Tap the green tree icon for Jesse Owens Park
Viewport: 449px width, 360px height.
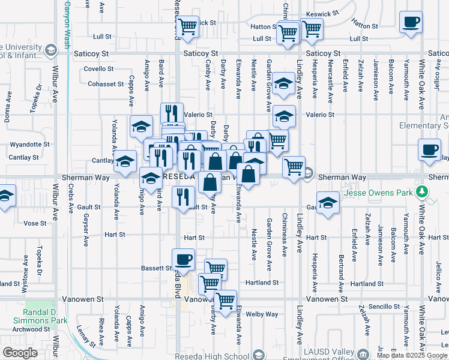pos(423,192)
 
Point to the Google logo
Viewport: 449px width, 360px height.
pos(20,353)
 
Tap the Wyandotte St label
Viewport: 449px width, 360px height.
pos(29,145)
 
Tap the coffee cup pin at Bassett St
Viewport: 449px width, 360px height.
pos(183,259)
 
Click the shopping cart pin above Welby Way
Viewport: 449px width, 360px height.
pos(225,300)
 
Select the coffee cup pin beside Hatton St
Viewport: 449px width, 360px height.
pos(411,22)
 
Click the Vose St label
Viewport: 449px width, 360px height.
pos(34,223)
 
